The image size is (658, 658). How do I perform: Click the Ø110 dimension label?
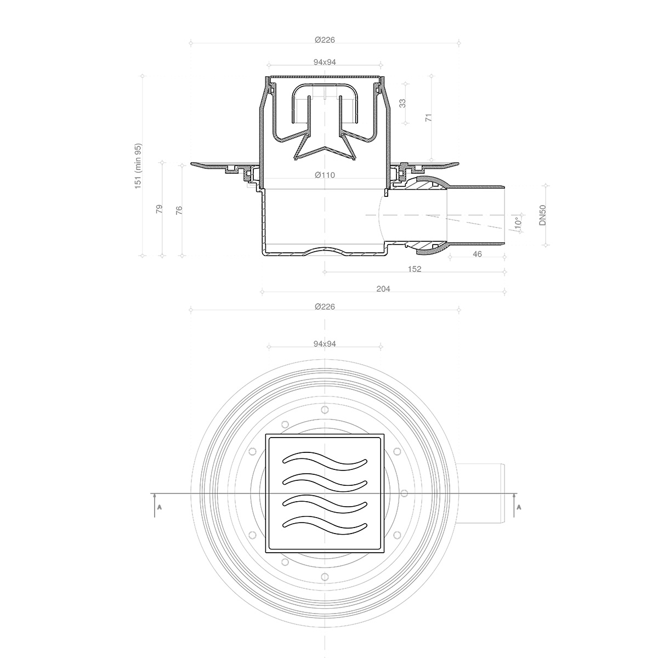pos(325,175)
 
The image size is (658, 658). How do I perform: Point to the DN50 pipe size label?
pos(542,215)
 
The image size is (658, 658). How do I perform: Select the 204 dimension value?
pos(383,289)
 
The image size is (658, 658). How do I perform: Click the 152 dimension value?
pos(415,269)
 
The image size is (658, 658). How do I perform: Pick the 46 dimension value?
pos(477,254)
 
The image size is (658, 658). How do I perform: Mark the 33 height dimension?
pos(402,103)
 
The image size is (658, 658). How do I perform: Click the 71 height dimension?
pos(429,117)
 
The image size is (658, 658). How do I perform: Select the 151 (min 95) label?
pos(138,166)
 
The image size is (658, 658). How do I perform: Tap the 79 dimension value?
pos(160,209)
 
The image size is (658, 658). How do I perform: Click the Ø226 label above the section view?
pos(325,39)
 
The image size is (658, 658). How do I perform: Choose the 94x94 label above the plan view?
pos(325,344)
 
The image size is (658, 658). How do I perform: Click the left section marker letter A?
pos(160,507)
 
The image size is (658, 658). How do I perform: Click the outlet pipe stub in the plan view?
pos(483,493)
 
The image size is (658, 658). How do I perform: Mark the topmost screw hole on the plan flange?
pos(325,410)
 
